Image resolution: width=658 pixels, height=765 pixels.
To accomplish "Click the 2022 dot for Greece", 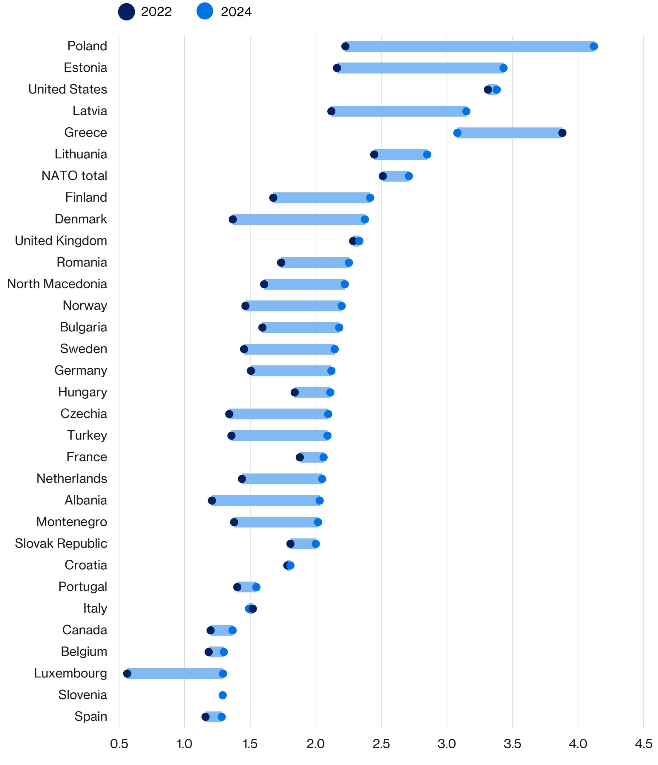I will pyautogui.click(x=562, y=133).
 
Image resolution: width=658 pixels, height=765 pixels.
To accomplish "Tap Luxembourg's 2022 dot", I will pyautogui.click(x=127, y=674).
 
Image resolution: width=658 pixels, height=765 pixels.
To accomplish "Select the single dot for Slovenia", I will pyautogui.click(x=223, y=695).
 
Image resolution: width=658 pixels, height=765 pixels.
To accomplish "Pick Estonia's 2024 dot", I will pyautogui.click(x=503, y=68).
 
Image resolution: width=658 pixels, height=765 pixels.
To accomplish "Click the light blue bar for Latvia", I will pyautogui.click(x=398, y=111).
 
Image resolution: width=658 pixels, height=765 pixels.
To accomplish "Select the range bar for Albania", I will pyautogui.click(x=266, y=501).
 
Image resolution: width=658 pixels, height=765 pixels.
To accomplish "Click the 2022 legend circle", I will pyautogui.click(x=126, y=12).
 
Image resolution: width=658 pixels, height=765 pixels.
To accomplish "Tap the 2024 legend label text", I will pyautogui.click(x=236, y=12).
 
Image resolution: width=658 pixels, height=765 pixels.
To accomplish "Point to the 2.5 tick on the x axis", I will pyautogui.click(x=381, y=743).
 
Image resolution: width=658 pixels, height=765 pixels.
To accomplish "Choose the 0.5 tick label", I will pyautogui.click(x=119, y=743).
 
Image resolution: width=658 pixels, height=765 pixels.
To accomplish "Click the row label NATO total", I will pyautogui.click(x=74, y=176).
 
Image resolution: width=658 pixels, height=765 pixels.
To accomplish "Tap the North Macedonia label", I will pyautogui.click(x=57, y=284).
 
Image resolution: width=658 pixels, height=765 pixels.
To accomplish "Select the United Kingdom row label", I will pyautogui.click(x=61, y=241).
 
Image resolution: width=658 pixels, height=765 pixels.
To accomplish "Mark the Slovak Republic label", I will pyautogui.click(x=61, y=544).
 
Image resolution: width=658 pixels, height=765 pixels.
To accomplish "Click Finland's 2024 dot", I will pyautogui.click(x=370, y=198).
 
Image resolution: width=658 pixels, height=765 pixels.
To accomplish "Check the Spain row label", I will pyautogui.click(x=91, y=716).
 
